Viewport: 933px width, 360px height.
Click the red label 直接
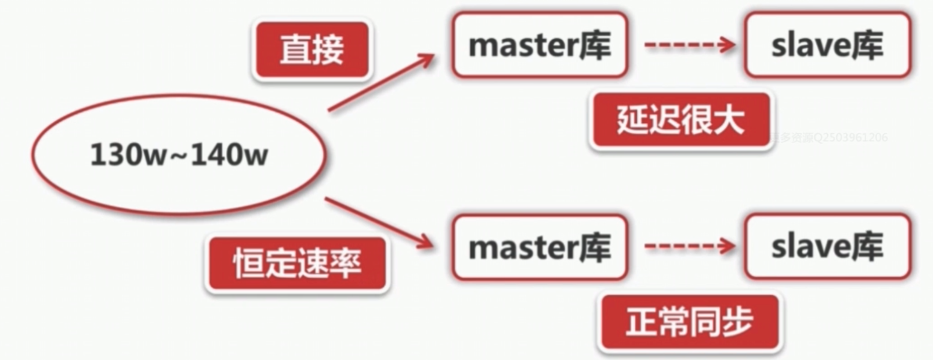pos(312,49)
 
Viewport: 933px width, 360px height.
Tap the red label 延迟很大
pos(681,120)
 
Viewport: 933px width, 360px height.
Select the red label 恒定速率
pos(297,264)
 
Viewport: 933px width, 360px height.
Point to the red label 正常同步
pos(690,322)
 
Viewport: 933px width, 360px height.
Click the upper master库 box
pos(540,45)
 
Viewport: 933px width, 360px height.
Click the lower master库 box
pos(540,247)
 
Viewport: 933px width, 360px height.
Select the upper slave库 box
pos(828,45)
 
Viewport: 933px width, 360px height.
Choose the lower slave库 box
pos(828,246)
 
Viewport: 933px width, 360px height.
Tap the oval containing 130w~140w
pos(179,154)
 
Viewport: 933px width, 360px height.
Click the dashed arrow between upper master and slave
pos(689,45)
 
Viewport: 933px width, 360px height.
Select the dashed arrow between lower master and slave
pos(689,246)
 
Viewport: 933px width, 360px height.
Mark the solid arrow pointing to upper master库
pos(381,82)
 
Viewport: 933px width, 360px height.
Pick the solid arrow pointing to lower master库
pos(379,223)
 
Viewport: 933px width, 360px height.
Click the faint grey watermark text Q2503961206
pos(851,137)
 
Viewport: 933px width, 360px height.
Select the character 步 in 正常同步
pos(737,322)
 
